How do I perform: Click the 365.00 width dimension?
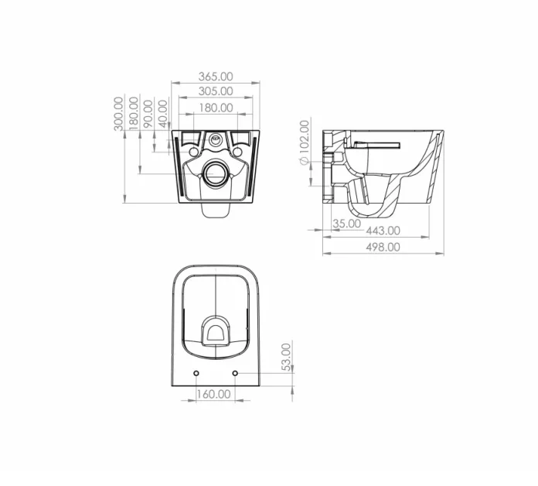215,77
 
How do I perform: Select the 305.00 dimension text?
215,91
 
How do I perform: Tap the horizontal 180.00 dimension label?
215,108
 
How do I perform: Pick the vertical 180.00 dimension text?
134,114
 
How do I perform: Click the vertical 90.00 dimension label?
148,114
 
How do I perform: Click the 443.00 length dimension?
383,230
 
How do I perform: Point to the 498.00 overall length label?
383,247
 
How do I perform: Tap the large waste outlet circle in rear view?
215,173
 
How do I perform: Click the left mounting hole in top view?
195,374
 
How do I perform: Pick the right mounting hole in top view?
235,374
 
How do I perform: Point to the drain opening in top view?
215,331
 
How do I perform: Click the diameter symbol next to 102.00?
304,159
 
